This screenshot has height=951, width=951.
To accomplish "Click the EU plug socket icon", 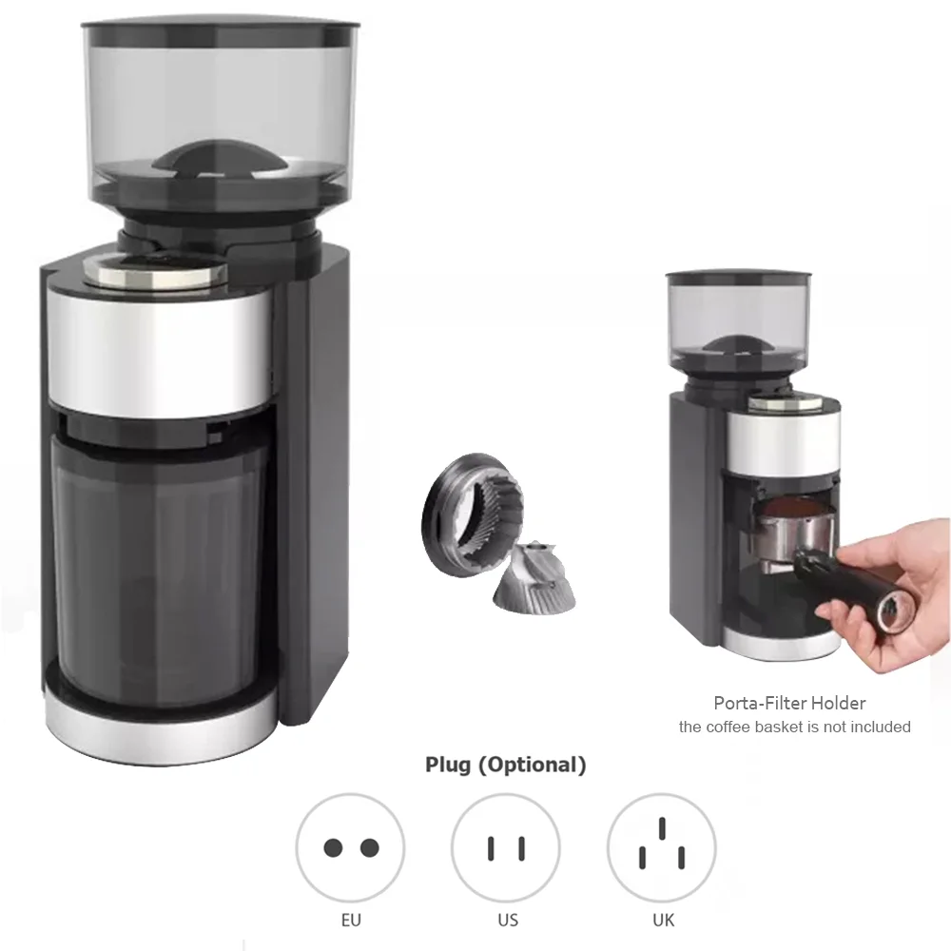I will pyautogui.click(x=350, y=846).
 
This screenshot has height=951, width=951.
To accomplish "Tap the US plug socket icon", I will pyautogui.click(x=506, y=846).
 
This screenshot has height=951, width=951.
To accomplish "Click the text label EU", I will pyautogui.click(x=350, y=921).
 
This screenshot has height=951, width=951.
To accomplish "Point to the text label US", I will pyautogui.click(x=508, y=921).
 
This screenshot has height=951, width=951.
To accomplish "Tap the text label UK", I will pyautogui.click(x=663, y=921).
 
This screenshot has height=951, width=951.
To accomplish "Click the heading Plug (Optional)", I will pyautogui.click(x=505, y=764).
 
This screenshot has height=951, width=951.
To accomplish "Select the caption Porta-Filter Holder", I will pyautogui.click(x=789, y=704).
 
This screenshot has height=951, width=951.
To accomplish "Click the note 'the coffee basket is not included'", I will pyautogui.click(x=794, y=728).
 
